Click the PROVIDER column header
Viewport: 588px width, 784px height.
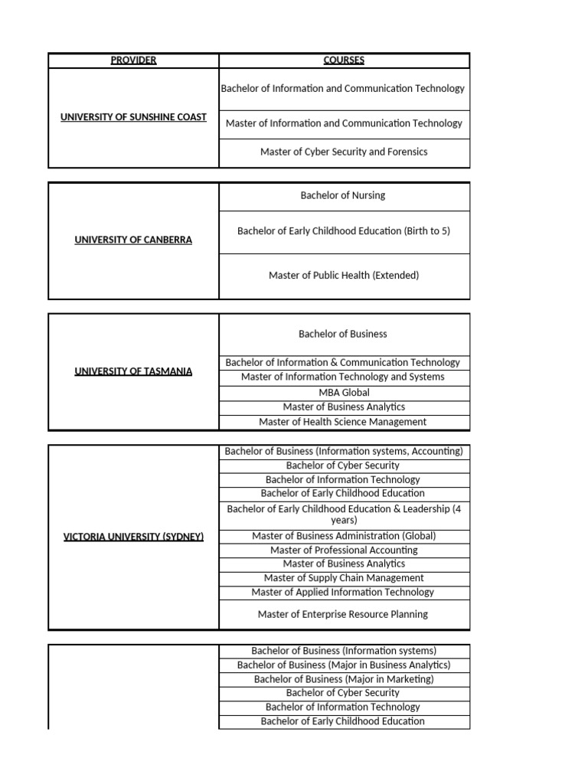[133, 60]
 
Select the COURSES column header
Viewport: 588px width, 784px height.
[344, 60]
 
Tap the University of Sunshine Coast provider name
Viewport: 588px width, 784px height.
[133, 117]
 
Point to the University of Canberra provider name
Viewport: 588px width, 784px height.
[133, 240]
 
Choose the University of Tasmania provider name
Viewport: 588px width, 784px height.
[133, 371]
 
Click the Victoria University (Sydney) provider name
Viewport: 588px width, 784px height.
[133, 537]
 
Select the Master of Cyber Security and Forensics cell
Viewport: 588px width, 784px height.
[344, 152]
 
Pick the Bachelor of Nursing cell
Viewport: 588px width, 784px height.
[344, 196]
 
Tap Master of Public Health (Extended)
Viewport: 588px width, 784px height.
[344, 276]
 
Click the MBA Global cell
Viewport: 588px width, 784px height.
[344, 393]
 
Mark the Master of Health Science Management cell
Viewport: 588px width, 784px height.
[344, 422]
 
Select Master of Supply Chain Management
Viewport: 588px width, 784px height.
[344, 578]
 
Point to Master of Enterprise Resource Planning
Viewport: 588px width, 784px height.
[344, 614]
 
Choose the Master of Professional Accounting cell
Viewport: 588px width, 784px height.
[344, 550]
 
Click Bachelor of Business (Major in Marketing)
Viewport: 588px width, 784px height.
[344, 679]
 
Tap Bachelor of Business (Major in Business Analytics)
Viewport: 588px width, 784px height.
[344, 665]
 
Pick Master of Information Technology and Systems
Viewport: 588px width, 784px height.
[344, 377]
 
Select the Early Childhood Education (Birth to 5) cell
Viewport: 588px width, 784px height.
[344, 230]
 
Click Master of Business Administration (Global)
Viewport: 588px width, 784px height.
[344, 536]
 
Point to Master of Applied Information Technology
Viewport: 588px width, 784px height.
[344, 592]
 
